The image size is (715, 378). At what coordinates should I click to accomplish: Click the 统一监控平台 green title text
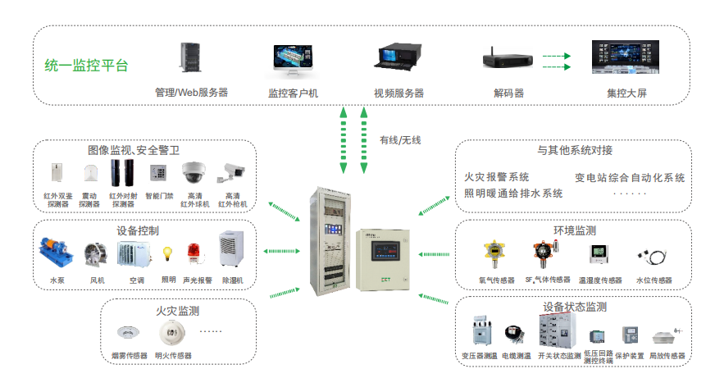[86, 66]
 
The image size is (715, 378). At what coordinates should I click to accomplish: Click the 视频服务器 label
[398, 93]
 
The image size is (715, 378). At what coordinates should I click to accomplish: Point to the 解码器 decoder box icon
[508, 60]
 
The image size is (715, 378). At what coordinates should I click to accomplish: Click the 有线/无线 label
[400, 140]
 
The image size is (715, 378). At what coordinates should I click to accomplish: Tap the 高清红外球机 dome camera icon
[194, 173]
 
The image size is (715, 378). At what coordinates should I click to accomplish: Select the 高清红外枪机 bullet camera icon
[231, 172]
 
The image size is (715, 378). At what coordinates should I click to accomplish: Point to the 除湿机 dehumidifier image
[232, 250]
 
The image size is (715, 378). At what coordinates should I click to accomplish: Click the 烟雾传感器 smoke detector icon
[127, 333]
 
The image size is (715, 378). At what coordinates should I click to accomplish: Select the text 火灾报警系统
[496, 177]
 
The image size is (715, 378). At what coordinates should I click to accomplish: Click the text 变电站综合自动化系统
[629, 177]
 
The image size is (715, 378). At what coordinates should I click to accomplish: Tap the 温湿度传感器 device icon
[598, 256]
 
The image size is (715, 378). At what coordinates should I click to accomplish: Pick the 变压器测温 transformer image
[480, 332]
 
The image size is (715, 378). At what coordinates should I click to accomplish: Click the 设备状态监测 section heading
[574, 307]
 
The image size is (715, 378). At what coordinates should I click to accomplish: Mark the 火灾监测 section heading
[177, 311]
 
